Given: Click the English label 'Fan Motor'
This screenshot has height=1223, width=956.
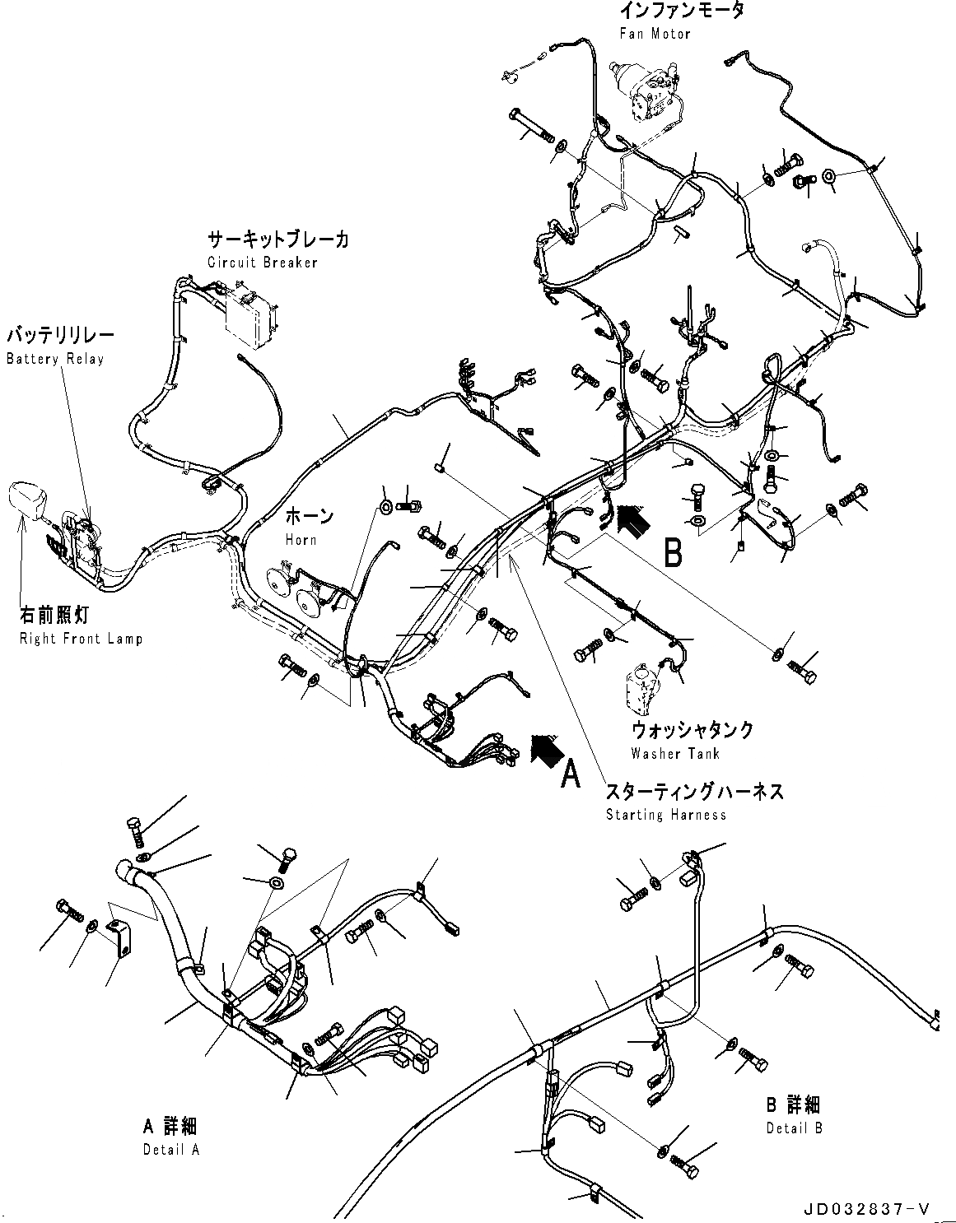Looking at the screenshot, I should pyautogui.click(x=655, y=34).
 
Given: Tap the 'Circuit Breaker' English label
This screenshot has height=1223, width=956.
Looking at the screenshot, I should pyautogui.click(x=262, y=263).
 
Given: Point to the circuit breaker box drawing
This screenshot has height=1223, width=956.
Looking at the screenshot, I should pyautogui.click(x=252, y=315).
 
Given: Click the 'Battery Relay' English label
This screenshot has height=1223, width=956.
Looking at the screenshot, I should pyautogui.click(x=54, y=359).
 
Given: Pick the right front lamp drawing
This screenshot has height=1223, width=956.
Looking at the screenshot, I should pyautogui.click(x=27, y=500).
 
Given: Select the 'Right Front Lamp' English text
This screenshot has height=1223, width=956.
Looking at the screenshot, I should pyautogui.click(x=81, y=639).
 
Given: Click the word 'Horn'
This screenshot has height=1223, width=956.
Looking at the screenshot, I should pyautogui.click(x=301, y=539).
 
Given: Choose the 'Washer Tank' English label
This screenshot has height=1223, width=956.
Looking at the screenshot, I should pyautogui.click(x=675, y=753).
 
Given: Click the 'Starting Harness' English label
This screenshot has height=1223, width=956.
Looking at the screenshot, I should pyautogui.click(x=666, y=815).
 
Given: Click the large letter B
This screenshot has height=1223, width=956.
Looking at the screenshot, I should pyautogui.click(x=673, y=553).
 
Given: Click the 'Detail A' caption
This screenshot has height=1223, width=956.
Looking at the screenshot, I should pyautogui.click(x=170, y=1150).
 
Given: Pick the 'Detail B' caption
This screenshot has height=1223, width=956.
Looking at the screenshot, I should pyautogui.click(x=794, y=1128).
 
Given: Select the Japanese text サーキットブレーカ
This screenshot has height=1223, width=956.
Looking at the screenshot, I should pyautogui.click(x=277, y=239).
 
